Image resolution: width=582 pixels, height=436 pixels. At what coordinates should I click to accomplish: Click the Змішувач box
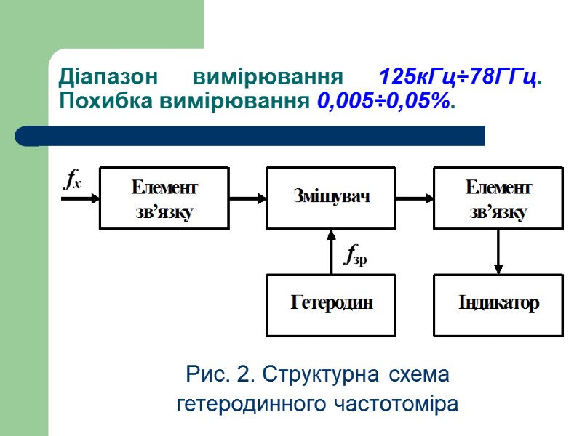click(331, 197)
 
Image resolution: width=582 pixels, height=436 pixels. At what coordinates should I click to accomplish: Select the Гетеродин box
click(331, 304)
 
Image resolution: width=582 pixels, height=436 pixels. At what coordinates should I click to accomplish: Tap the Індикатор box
click(498, 304)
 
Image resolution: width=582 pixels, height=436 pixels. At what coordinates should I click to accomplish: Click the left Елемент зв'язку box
click(164, 198)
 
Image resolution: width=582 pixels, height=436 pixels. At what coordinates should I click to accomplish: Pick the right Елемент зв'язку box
click(498, 198)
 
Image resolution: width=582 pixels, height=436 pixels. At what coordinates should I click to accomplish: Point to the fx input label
click(72, 179)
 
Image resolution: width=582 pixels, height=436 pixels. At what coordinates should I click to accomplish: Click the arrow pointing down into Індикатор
click(498, 251)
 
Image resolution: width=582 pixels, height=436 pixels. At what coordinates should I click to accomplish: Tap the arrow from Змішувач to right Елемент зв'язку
click(415, 197)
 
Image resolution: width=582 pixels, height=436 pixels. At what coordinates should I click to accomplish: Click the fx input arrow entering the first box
click(80, 198)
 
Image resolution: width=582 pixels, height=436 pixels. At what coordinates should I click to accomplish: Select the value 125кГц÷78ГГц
click(461, 78)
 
